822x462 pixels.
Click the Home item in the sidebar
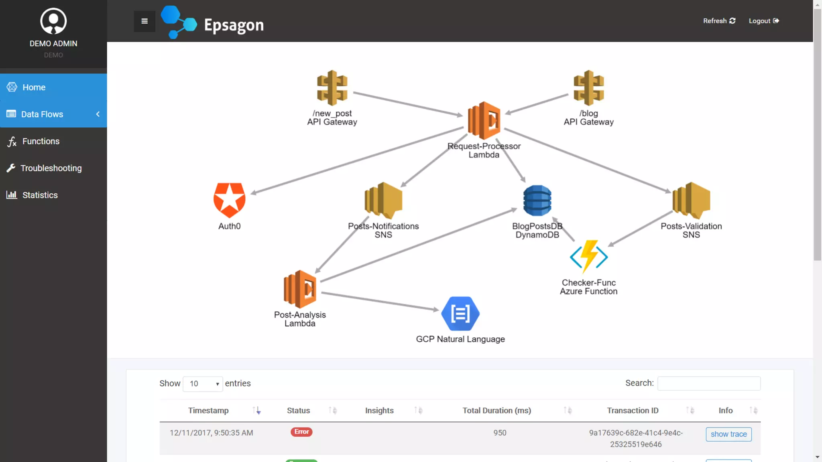(34, 87)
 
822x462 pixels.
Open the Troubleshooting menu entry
(51, 168)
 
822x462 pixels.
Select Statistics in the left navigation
(40, 195)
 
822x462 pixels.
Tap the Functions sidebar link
(41, 142)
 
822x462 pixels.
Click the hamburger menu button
(144, 21)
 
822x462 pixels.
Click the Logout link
(763, 21)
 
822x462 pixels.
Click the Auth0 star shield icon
(229, 200)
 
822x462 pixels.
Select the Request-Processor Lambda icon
(484, 120)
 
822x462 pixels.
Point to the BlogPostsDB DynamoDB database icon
(537, 201)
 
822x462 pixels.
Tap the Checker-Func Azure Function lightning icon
(589, 257)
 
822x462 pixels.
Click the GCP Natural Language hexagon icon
(460, 314)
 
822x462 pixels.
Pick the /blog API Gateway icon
(588, 88)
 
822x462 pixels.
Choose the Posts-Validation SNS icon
(691, 200)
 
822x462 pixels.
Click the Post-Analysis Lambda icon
(300, 289)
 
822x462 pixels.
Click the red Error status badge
(301, 432)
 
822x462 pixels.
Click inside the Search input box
(709, 383)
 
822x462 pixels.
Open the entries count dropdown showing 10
(203, 384)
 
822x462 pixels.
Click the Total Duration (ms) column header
(496, 411)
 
